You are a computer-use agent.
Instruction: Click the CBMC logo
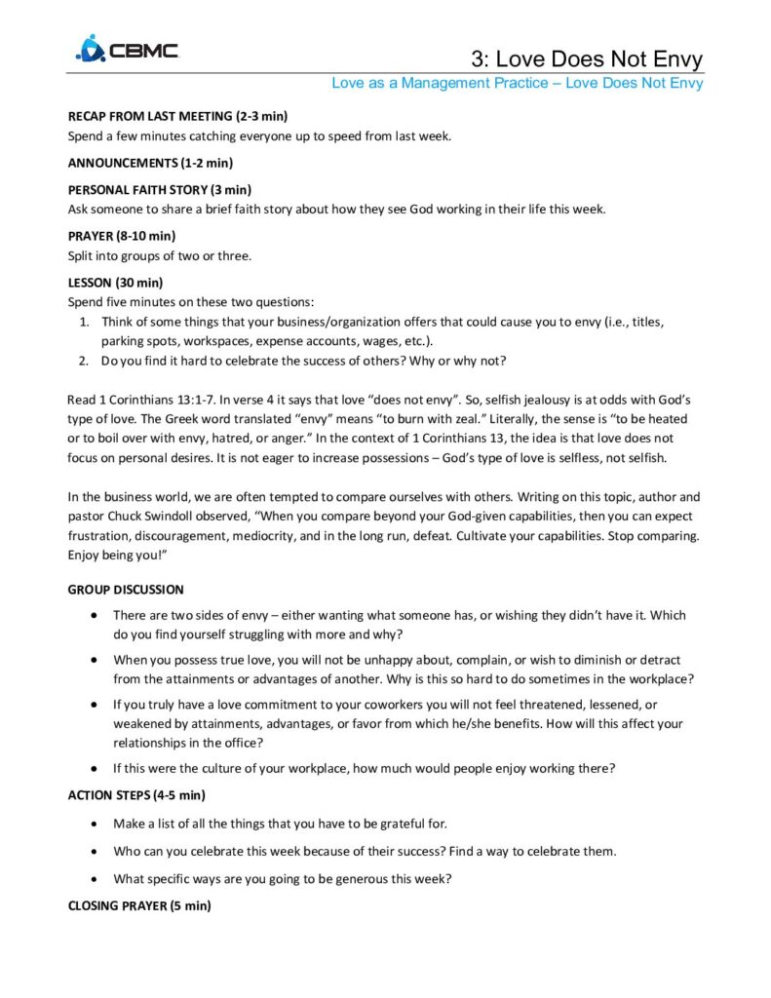pyautogui.click(x=127, y=49)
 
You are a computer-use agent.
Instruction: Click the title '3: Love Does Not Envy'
pyautogui.click(x=586, y=58)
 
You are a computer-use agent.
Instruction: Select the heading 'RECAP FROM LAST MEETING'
pyautogui.click(x=177, y=116)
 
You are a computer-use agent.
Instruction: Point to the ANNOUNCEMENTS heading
pyautogui.click(x=149, y=162)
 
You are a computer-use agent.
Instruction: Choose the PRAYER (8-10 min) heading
pyautogui.click(x=121, y=236)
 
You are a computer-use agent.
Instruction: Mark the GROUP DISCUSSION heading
pyautogui.click(x=125, y=590)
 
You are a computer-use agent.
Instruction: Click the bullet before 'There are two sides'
pyautogui.click(x=92, y=616)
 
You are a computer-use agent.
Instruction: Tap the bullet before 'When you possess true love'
pyautogui.click(x=92, y=660)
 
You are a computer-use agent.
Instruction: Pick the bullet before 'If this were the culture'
pyautogui.click(x=92, y=768)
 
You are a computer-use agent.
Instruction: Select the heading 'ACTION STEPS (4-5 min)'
pyautogui.click(x=136, y=794)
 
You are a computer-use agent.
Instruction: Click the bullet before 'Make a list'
pyautogui.click(x=92, y=825)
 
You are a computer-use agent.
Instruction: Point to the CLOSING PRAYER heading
pyautogui.click(x=139, y=905)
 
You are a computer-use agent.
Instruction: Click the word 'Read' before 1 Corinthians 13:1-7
pyautogui.click(x=81, y=400)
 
